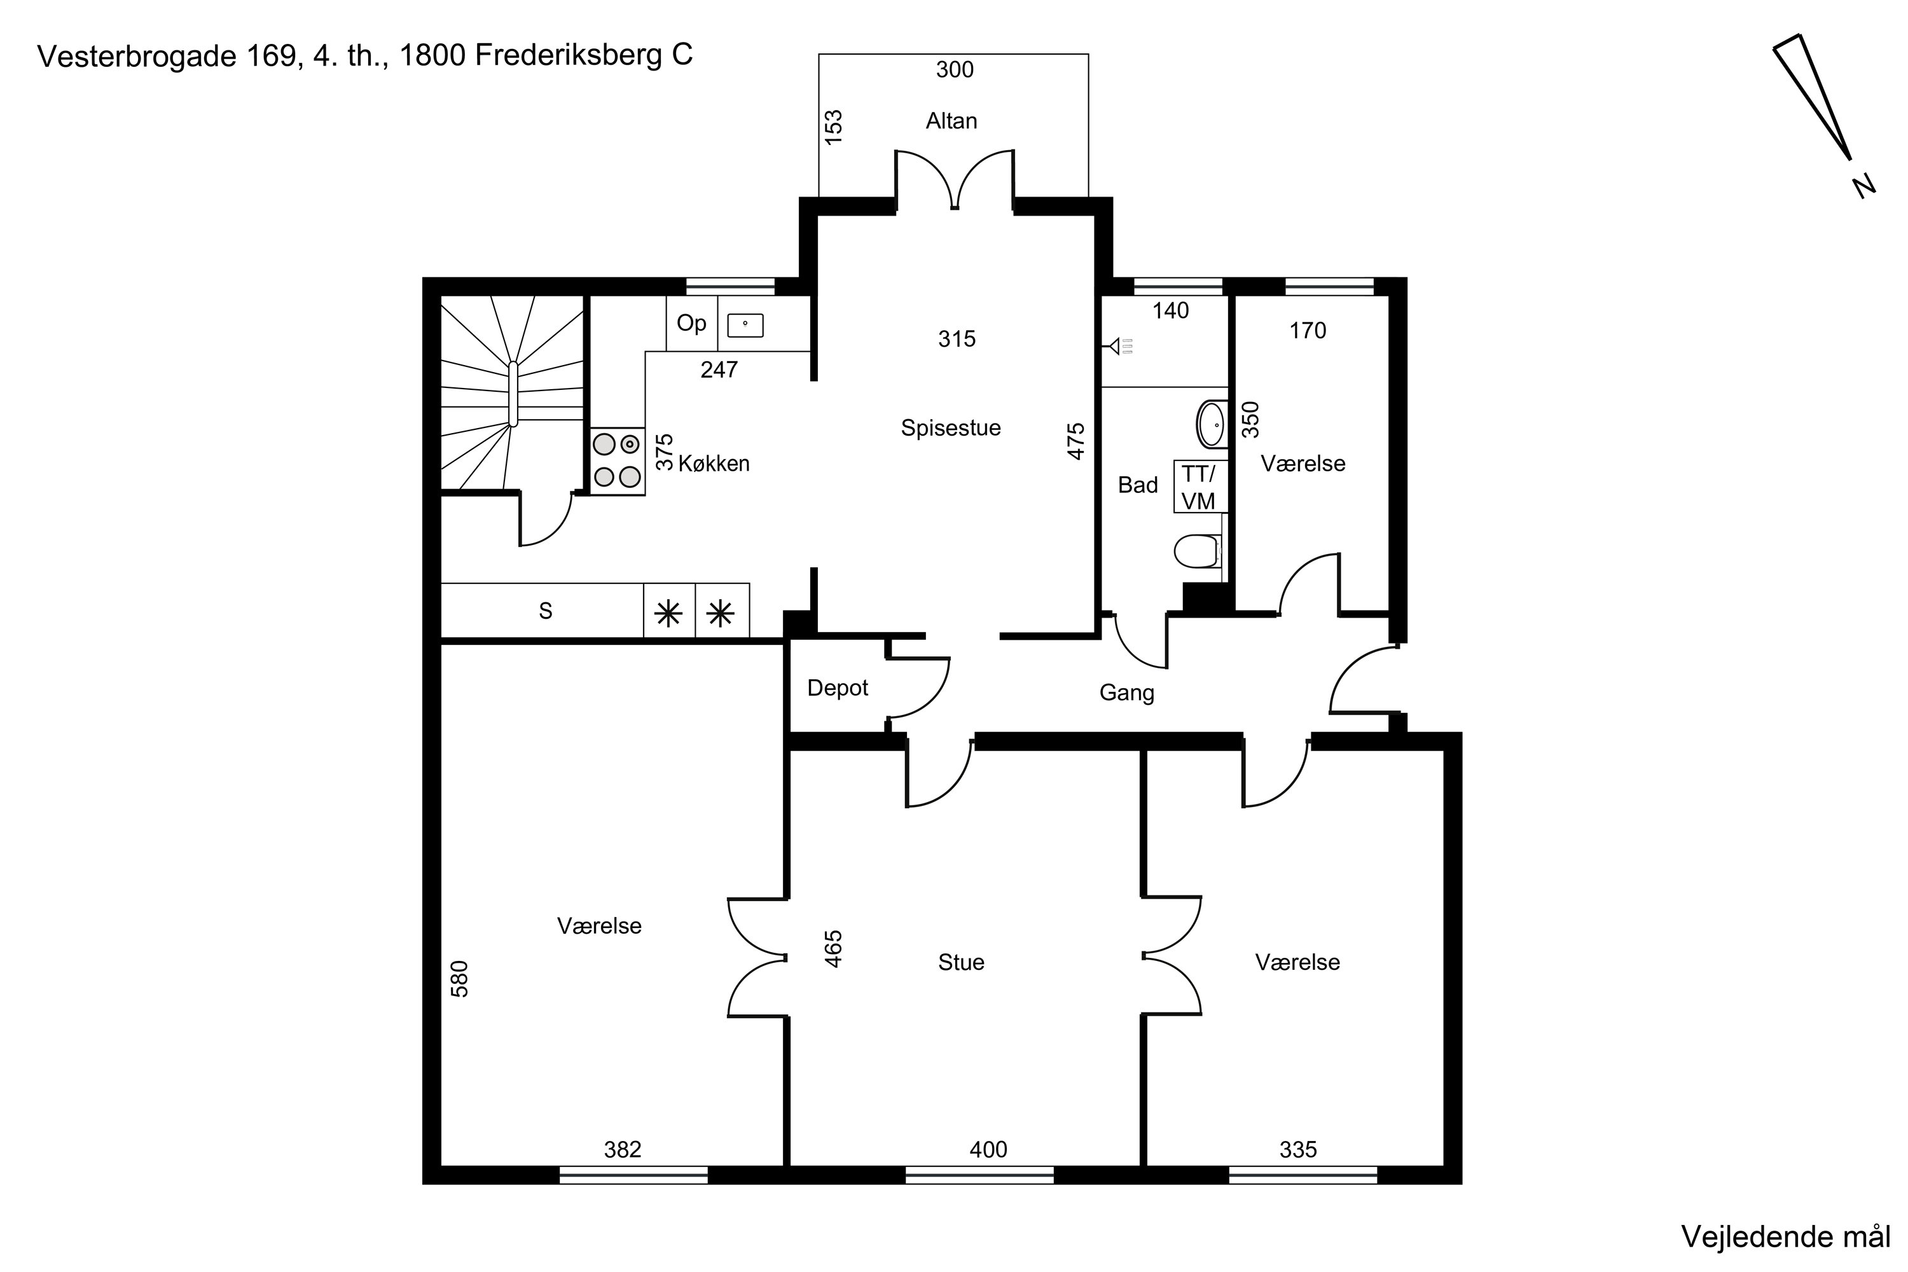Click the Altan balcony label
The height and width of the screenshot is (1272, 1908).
pos(951,121)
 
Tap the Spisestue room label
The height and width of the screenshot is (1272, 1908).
pos(951,428)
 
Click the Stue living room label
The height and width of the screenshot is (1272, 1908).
pos(961,962)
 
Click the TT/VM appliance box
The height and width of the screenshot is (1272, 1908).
pos(1199,487)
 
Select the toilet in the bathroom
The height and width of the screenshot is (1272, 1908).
pos(1198,551)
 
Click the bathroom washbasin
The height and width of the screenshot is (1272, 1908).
pos(1212,424)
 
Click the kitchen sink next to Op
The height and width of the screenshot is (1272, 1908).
pos(745,325)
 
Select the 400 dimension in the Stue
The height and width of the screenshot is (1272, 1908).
pos(988,1149)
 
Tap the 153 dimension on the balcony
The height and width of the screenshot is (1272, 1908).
pos(834,127)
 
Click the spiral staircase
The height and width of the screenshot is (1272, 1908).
pos(512,392)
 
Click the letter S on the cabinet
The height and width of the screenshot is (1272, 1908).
pos(545,611)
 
